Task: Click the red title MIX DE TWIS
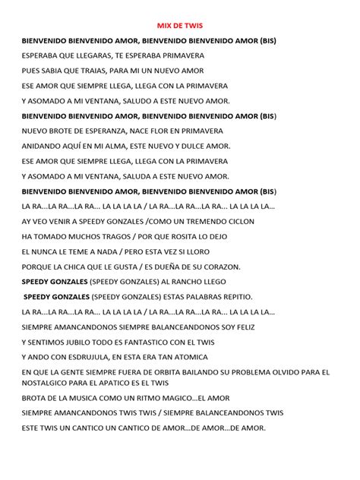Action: [x=180, y=24]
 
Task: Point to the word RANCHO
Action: [x=181, y=280]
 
